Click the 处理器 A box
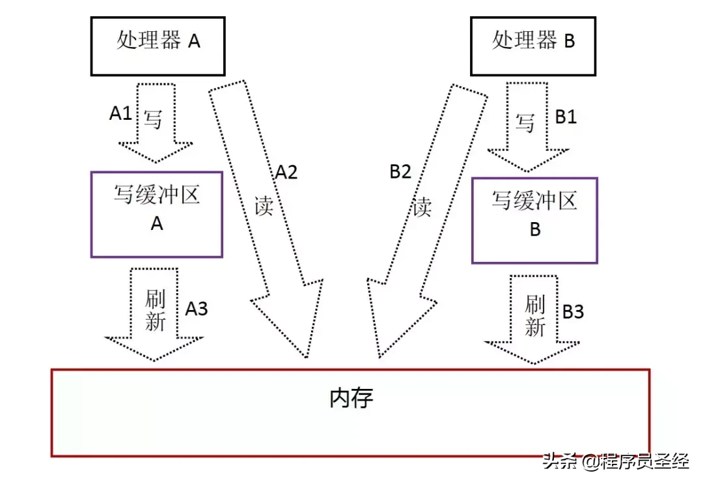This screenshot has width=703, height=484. tap(158, 42)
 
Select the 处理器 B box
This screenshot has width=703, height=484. tap(533, 42)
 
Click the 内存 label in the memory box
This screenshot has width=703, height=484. tap(351, 397)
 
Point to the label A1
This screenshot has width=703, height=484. tap(120, 113)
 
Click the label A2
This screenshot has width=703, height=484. tap(286, 172)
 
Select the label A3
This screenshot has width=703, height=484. tap(196, 308)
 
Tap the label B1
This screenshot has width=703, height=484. tap(565, 117)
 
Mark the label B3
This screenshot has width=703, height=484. tap(573, 312)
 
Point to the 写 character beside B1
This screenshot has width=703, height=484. tap(525, 122)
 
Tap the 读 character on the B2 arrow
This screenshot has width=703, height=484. tap(422, 207)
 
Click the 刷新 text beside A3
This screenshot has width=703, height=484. tap(155, 310)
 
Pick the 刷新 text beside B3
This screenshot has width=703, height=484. tap(534, 315)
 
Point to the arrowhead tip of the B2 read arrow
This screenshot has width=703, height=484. tap(378, 357)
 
